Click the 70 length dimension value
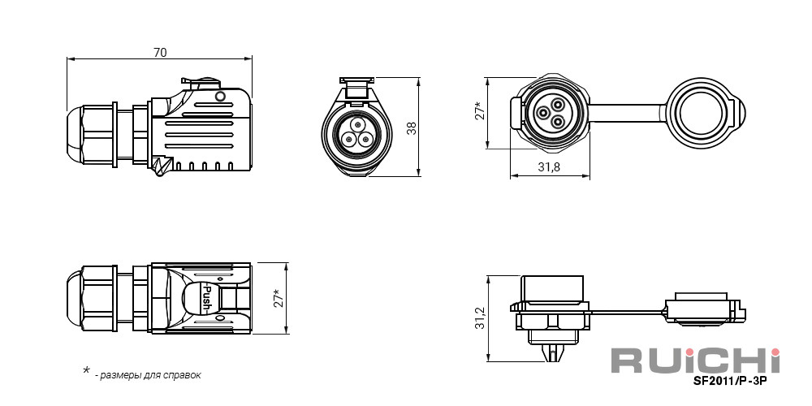coord(160,52)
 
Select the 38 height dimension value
coord(412,128)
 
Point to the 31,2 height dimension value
coord(480,318)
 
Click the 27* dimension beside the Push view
coord(279,298)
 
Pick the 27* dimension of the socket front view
coord(480,110)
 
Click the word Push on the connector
coord(205,299)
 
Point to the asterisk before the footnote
coord(87,371)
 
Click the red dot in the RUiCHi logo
coord(775,352)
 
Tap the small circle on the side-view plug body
coord(220,97)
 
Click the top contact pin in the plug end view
coord(356,125)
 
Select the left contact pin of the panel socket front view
coord(544,113)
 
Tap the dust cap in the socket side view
coord(706,309)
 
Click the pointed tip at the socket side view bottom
coord(554,354)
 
